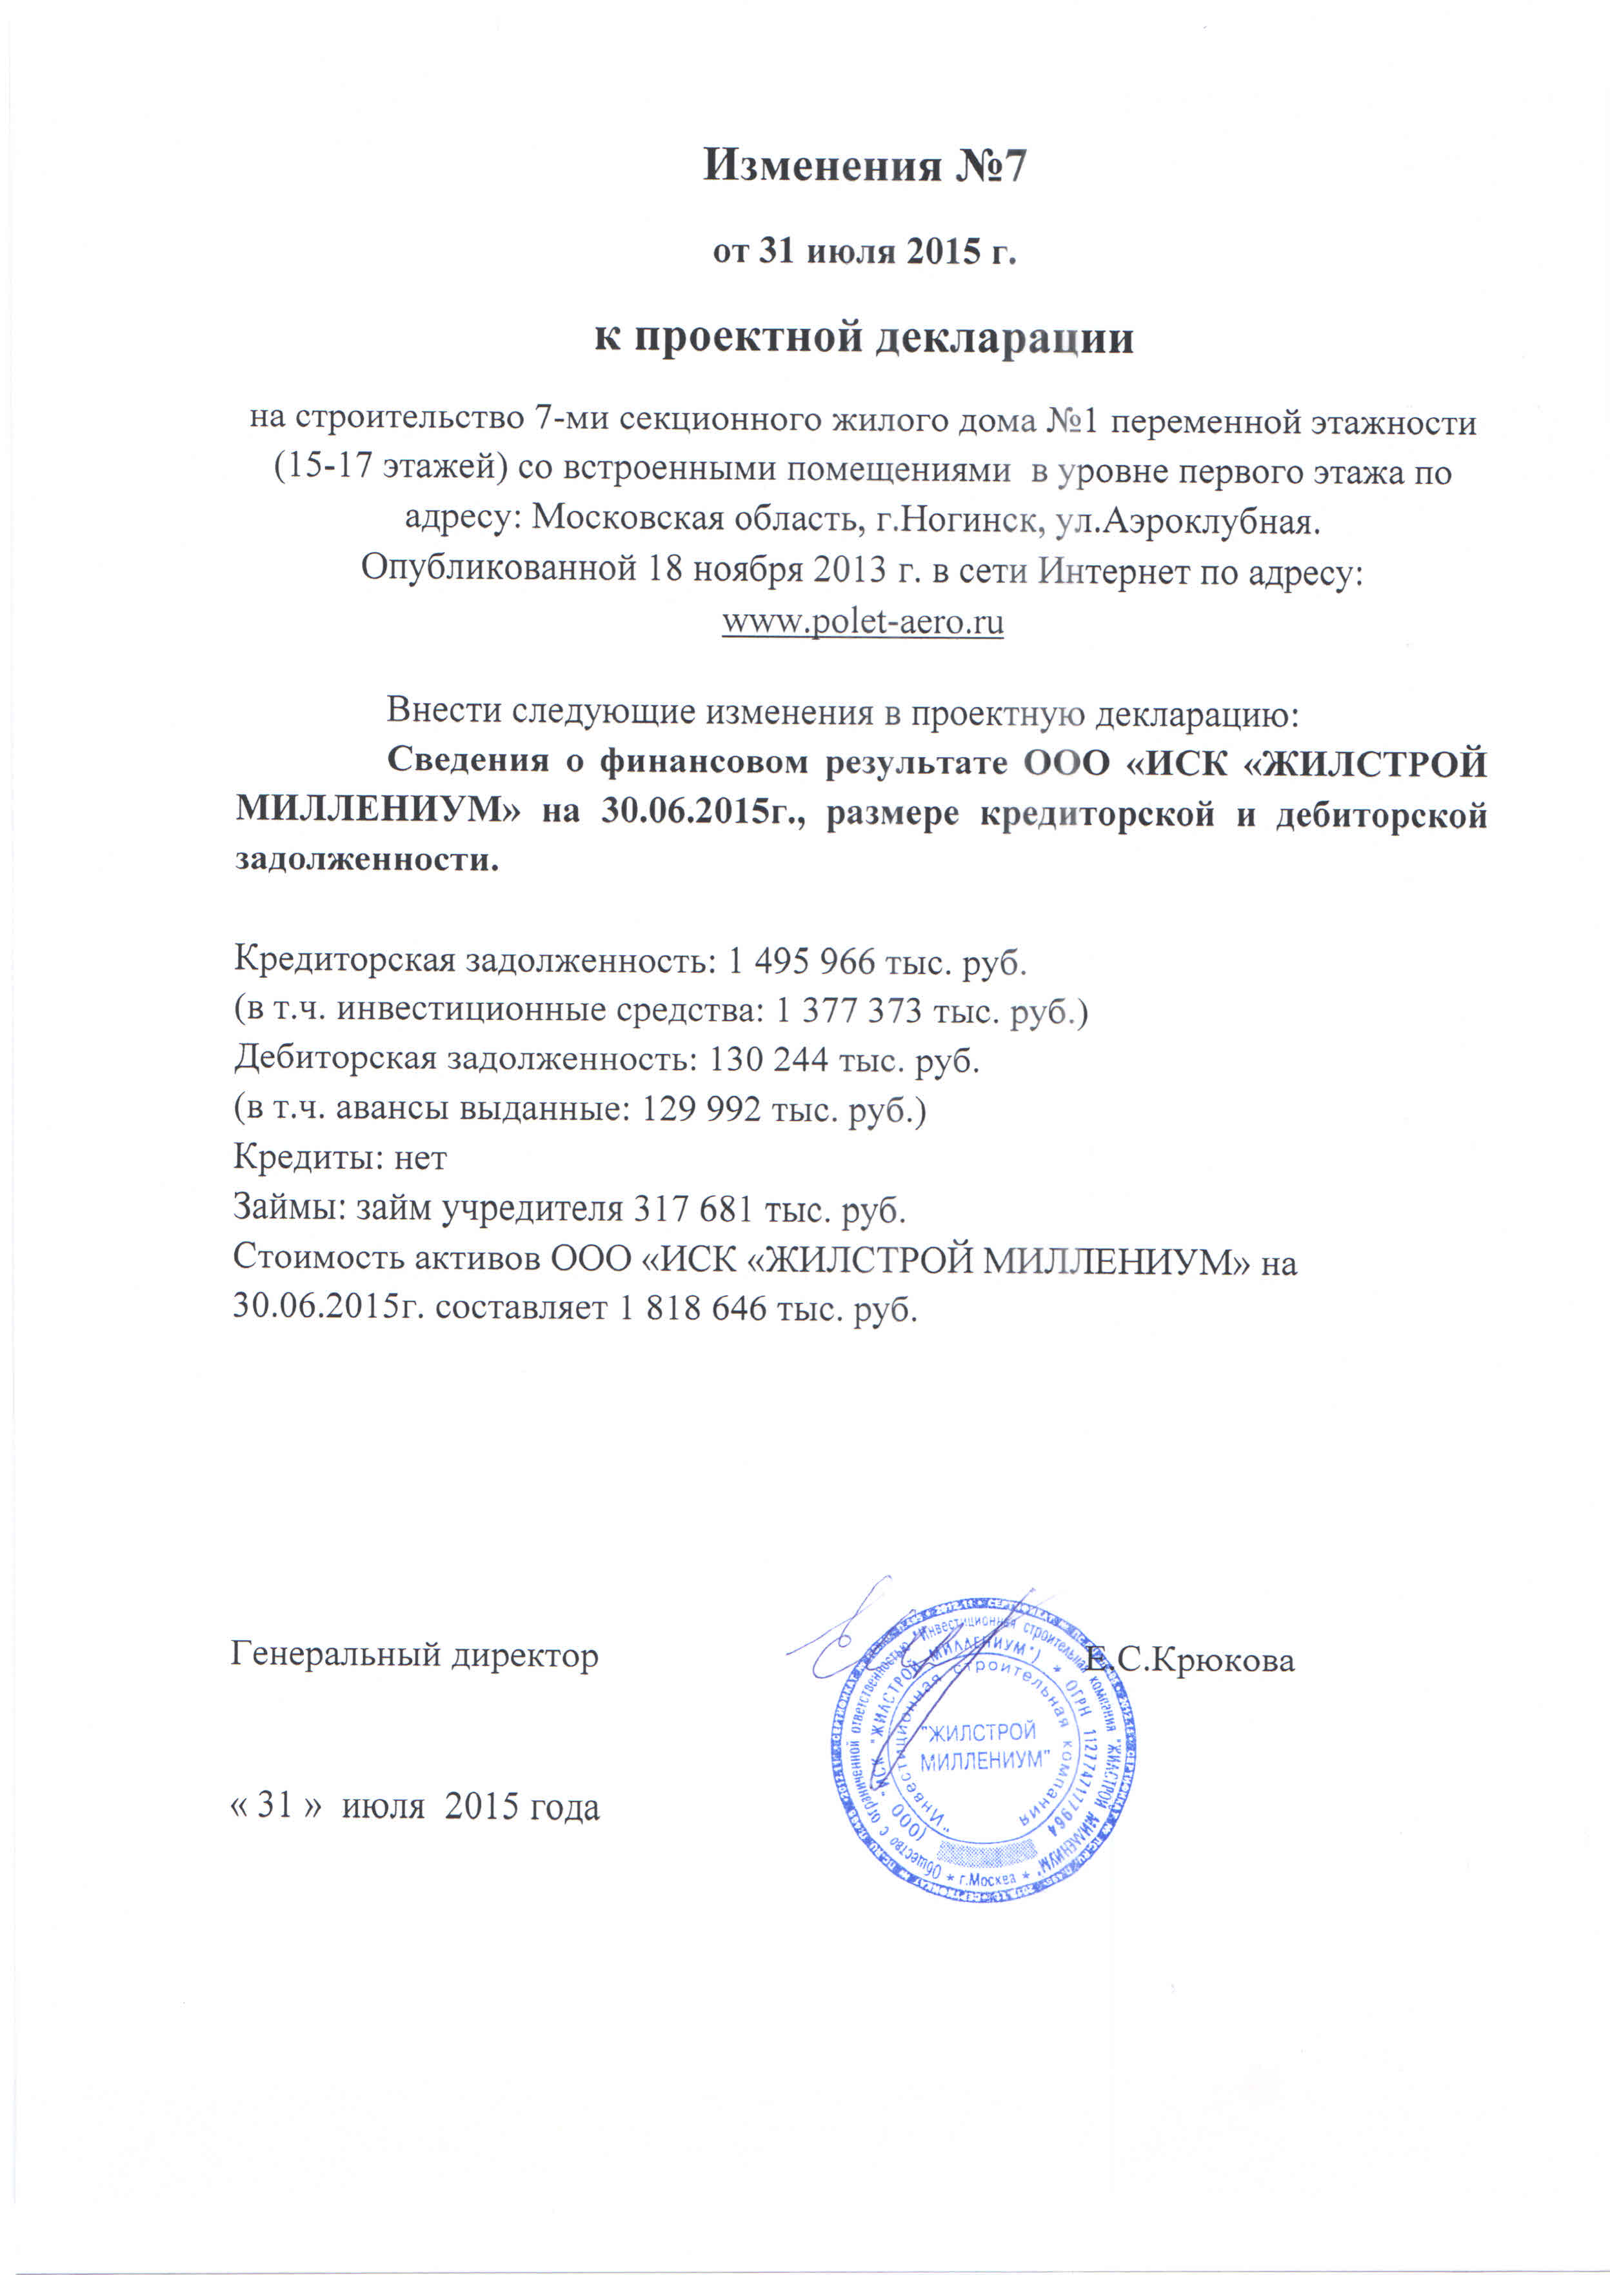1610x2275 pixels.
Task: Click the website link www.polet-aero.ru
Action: coord(862,622)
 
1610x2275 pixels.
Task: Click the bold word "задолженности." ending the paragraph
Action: coord(367,859)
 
